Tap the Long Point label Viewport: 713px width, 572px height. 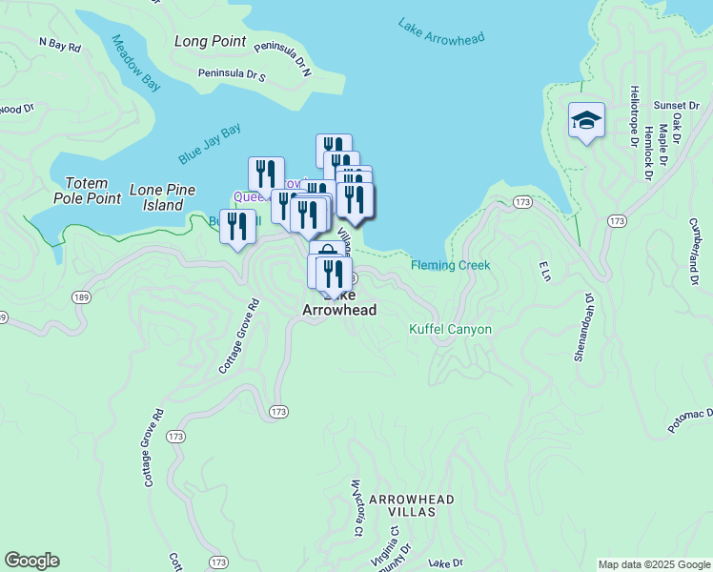click(211, 42)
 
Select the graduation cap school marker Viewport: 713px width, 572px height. click(586, 121)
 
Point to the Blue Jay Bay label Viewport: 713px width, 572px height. click(209, 144)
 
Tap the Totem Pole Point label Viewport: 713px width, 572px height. click(93, 191)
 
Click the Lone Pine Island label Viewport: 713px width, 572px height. click(156, 197)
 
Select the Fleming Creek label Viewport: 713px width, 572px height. click(450, 265)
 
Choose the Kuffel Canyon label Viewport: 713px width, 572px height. click(450, 330)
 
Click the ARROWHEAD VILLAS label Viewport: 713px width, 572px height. click(411, 505)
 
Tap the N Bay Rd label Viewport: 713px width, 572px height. click(59, 44)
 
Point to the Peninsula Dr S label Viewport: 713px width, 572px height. click(232, 73)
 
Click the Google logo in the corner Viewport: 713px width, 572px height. click(31, 561)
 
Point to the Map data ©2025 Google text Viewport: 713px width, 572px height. click(654, 564)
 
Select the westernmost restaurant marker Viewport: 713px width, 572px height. click(237, 227)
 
